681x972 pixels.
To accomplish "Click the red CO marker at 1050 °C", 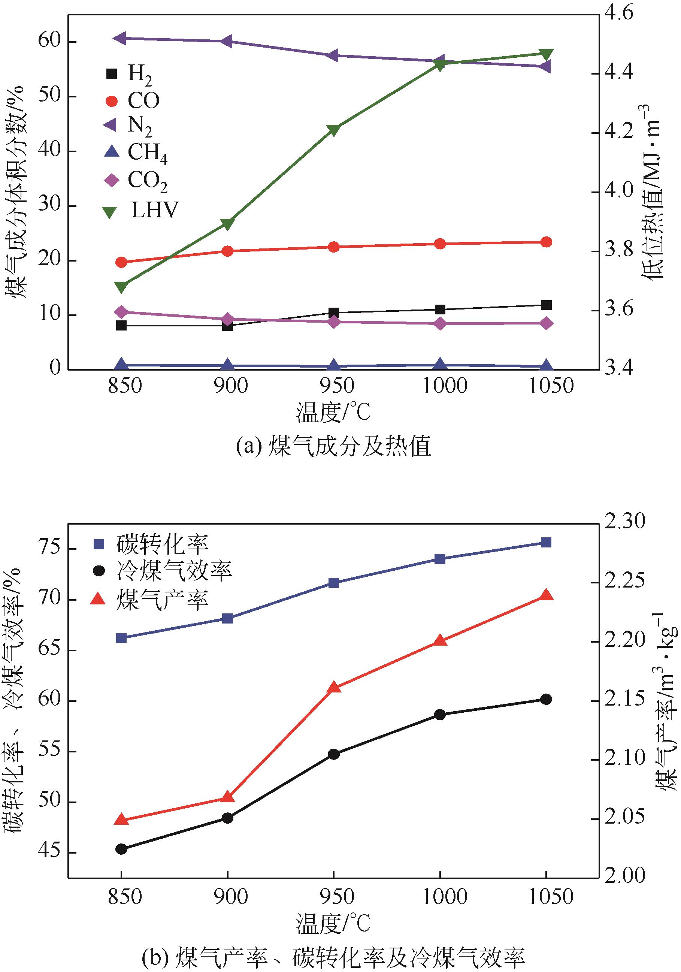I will tap(547, 242).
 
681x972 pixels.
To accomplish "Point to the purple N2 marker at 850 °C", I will tap(121, 38).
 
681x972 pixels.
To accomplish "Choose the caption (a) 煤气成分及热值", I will tap(333, 446).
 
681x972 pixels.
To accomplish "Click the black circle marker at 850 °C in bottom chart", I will tap(121, 849).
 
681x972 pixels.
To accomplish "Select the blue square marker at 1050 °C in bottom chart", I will tap(547, 543).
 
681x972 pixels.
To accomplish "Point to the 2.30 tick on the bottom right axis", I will tap(624, 522).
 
